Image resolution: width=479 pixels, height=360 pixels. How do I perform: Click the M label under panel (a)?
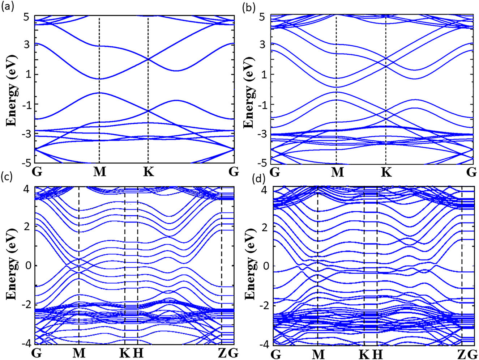tap(100, 172)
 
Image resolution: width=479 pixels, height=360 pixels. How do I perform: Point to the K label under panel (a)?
tap(148, 172)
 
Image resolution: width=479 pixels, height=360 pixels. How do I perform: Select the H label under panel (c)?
tap(138, 353)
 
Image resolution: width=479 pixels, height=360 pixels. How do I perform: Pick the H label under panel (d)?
tap(377, 354)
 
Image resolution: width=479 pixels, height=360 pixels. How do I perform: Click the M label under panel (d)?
tap(318, 354)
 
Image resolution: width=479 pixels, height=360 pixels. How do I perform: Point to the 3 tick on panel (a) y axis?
tap(27, 45)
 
